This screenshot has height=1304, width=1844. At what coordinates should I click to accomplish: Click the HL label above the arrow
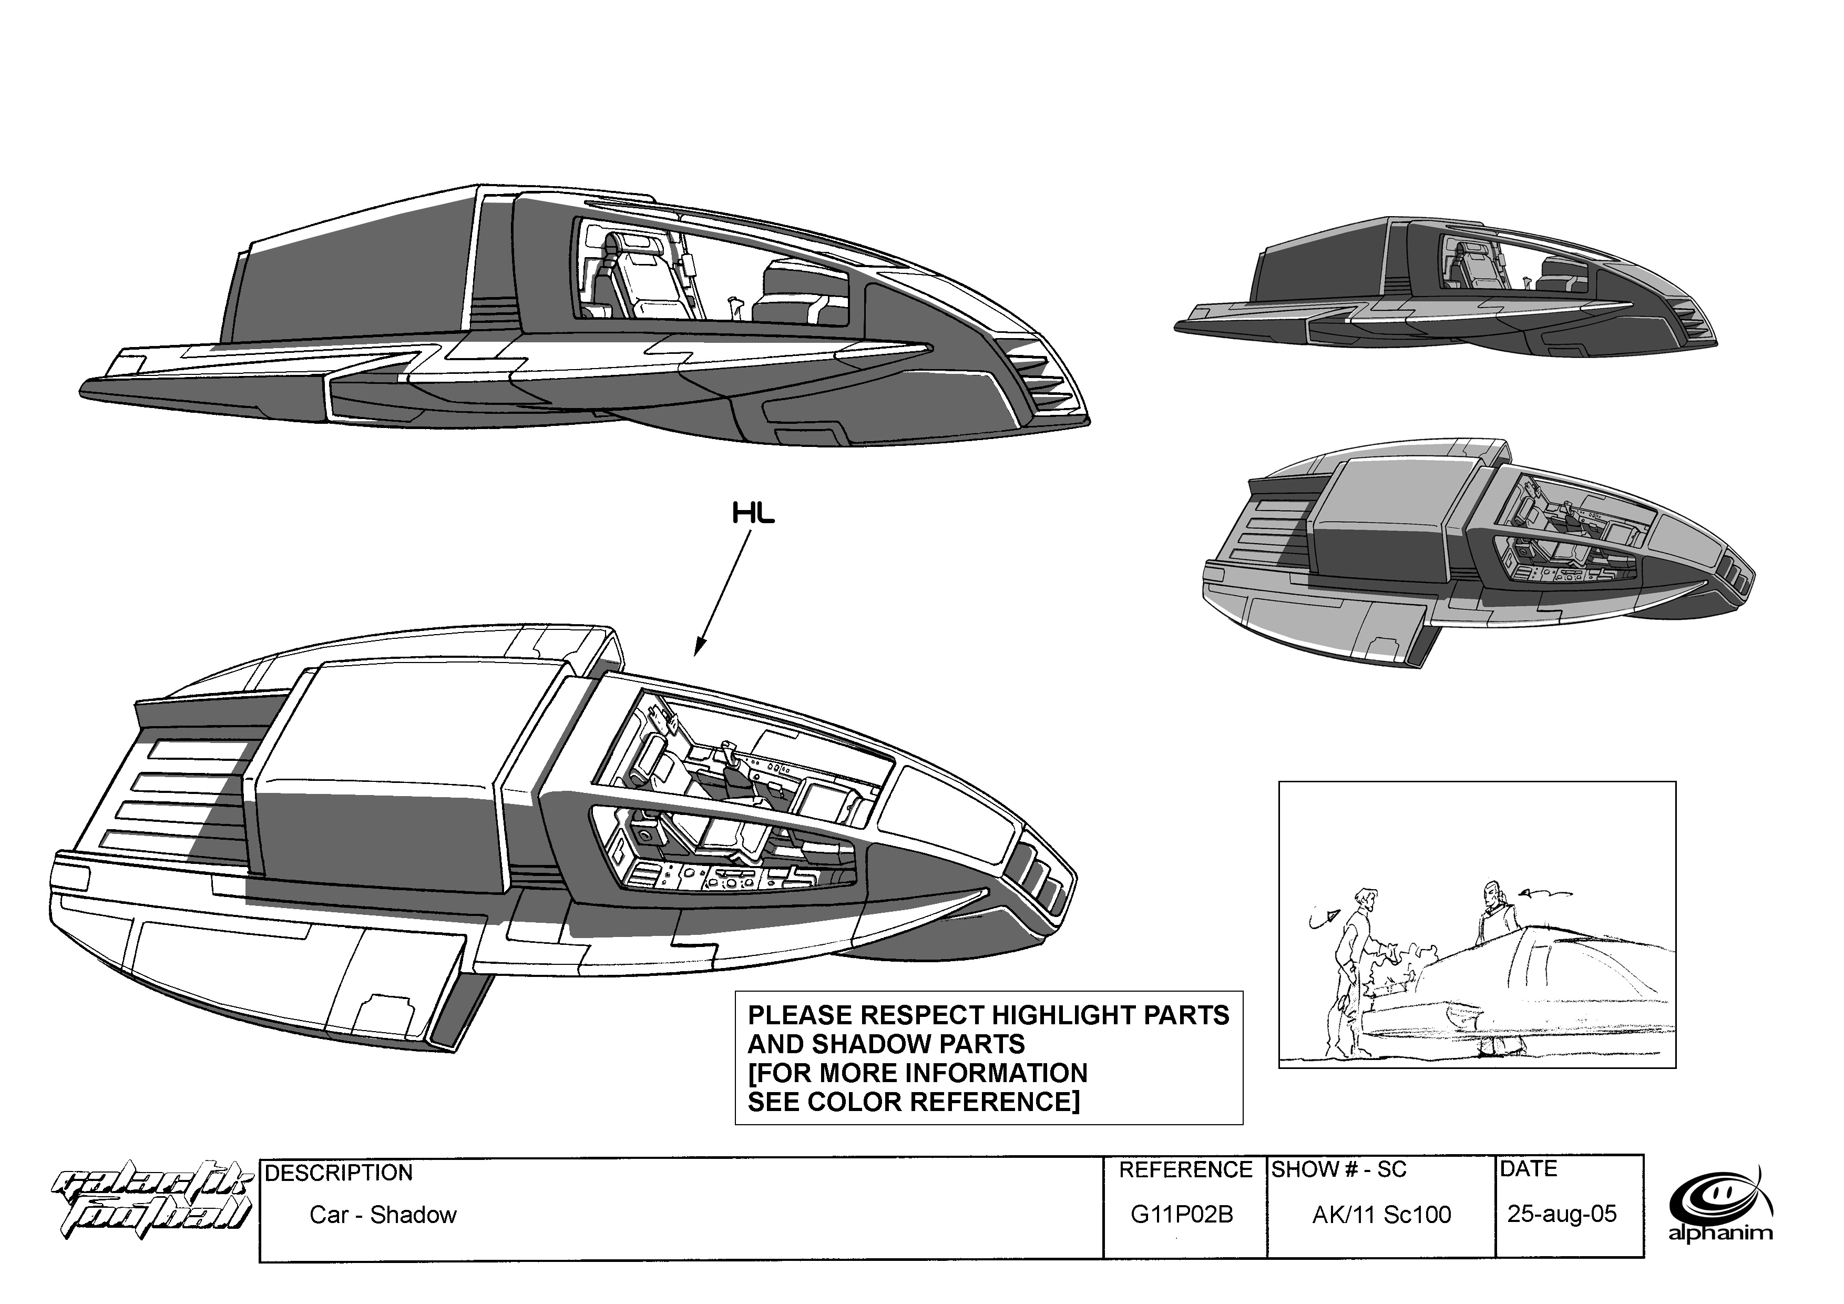[753, 514]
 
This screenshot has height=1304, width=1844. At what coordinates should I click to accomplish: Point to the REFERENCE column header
[1185, 1170]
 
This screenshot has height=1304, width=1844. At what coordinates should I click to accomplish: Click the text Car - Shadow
[383, 1215]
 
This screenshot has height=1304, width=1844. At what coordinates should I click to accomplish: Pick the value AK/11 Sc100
[1381, 1215]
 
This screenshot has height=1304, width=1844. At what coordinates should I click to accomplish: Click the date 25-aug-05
[1561, 1213]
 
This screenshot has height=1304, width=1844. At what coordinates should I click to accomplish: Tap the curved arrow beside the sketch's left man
[1323, 919]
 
